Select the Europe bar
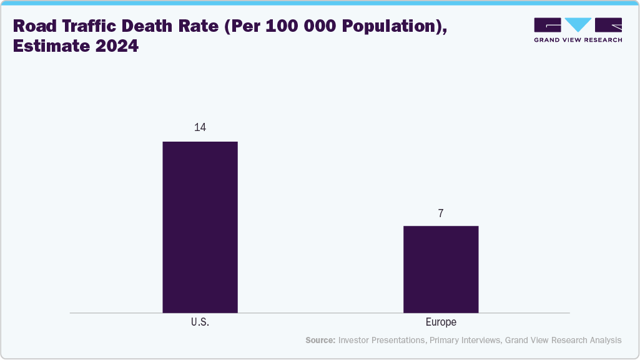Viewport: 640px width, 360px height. pyautogui.click(x=441, y=269)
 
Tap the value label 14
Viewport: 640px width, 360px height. pyautogui.click(x=200, y=127)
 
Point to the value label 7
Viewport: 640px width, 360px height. pyautogui.click(x=441, y=213)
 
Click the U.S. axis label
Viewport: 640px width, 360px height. pyautogui.click(x=200, y=323)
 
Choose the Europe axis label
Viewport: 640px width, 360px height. pyautogui.click(x=441, y=323)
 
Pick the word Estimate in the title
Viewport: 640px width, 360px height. pyautogui.click(x=47, y=47)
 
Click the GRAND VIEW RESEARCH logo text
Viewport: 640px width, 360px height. pyautogui.click(x=578, y=40)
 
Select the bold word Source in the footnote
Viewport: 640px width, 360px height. pyautogui.click(x=320, y=340)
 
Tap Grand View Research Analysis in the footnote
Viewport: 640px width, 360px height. pyautogui.click(x=563, y=340)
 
